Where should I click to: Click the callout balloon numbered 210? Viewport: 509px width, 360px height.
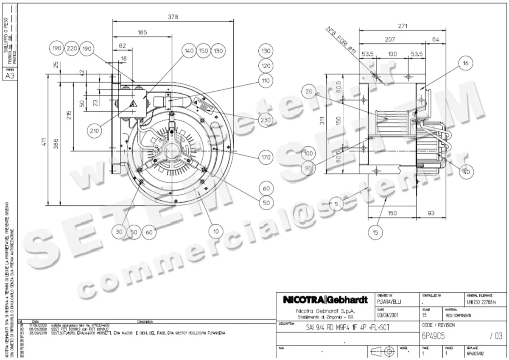94,131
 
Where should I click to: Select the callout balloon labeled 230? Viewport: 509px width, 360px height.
266,120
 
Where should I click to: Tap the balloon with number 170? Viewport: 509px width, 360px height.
266,158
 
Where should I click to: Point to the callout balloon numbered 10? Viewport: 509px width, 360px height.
216,232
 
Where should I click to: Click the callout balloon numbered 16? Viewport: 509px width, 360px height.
465,64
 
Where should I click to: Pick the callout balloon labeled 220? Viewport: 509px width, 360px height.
72,49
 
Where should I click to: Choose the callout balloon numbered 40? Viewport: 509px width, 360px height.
466,173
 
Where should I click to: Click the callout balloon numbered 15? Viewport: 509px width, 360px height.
376,232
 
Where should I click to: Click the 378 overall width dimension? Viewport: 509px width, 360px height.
173,17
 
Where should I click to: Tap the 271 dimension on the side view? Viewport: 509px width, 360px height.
403,26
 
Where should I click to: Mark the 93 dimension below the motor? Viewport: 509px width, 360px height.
431,213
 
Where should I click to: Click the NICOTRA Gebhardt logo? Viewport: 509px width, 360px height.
325,300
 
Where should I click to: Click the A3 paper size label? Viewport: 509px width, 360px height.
10,75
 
